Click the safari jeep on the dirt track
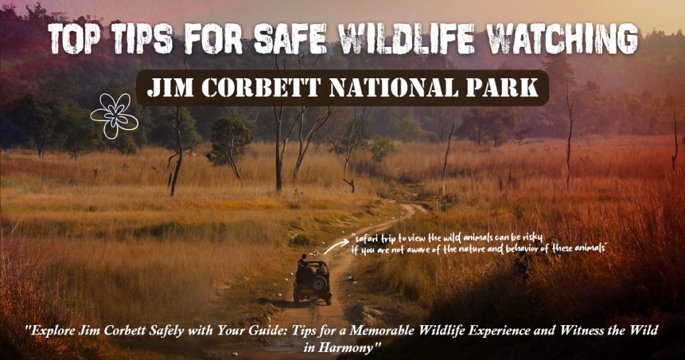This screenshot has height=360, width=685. pyautogui.click(x=312, y=282)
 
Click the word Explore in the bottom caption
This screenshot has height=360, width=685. pyautogui.click(x=53, y=331)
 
